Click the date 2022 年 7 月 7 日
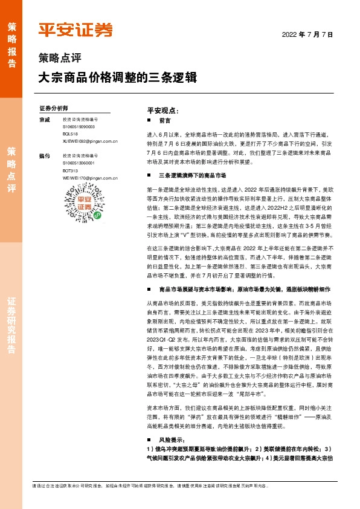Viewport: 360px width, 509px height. point(307,34)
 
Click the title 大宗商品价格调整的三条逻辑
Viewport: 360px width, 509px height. point(117,78)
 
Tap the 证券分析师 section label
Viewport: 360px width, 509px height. point(53,108)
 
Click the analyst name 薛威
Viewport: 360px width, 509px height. point(43,120)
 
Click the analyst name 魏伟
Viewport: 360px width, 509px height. point(43,156)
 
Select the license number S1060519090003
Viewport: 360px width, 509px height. point(79,128)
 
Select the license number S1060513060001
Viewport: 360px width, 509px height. point(79,163)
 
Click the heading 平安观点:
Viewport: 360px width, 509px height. point(163,111)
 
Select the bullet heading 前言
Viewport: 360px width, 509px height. point(164,121)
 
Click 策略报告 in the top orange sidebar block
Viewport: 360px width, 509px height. point(11,45)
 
